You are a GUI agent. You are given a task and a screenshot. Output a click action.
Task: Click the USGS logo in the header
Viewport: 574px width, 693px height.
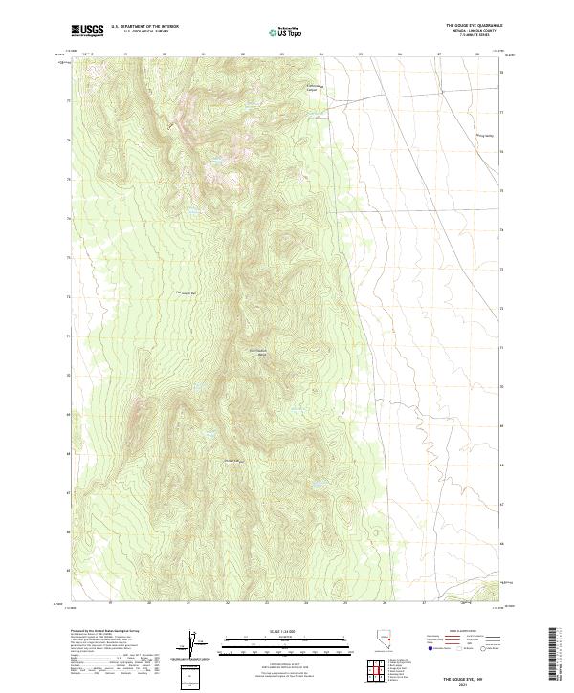87,31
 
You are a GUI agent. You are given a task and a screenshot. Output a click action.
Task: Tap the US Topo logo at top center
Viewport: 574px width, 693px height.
286,32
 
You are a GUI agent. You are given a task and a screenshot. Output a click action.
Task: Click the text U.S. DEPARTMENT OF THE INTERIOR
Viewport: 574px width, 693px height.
145,27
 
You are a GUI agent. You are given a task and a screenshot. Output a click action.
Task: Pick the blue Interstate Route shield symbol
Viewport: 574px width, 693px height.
430,658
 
